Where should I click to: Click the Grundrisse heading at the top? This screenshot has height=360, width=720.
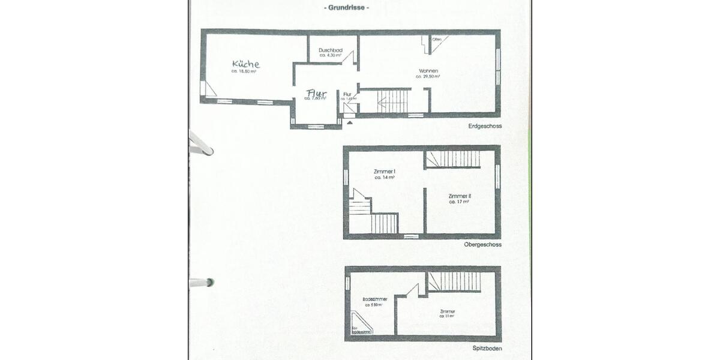coord(347,8)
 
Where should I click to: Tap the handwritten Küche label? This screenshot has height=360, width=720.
coord(245,64)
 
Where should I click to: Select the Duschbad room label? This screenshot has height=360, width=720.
coord(331,50)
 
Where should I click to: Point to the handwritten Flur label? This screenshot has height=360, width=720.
coord(316,93)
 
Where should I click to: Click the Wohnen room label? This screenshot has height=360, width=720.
coord(428,71)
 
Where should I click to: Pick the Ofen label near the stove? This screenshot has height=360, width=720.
coord(437,40)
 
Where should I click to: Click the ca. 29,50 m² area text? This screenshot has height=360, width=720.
coord(428,77)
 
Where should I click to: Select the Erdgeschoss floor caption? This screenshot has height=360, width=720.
coord(485,127)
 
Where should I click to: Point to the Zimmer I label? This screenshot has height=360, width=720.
coord(385,172)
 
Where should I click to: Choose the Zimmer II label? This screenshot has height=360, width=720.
coord(460,196)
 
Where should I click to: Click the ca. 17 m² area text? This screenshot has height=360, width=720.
coord(459,202)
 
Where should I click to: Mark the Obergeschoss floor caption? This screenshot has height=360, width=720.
coord(482,245)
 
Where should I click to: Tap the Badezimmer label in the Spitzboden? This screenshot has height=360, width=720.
coord(375,299)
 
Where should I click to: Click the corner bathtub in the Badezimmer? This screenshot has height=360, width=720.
coord(361,324)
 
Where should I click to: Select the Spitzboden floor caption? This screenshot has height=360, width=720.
coord(487,349)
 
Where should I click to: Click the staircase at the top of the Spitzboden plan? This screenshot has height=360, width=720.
coord(454,281)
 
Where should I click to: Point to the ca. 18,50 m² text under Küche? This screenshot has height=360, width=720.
coord(244,71)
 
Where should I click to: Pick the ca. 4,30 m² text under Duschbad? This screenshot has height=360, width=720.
coord(331,55)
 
